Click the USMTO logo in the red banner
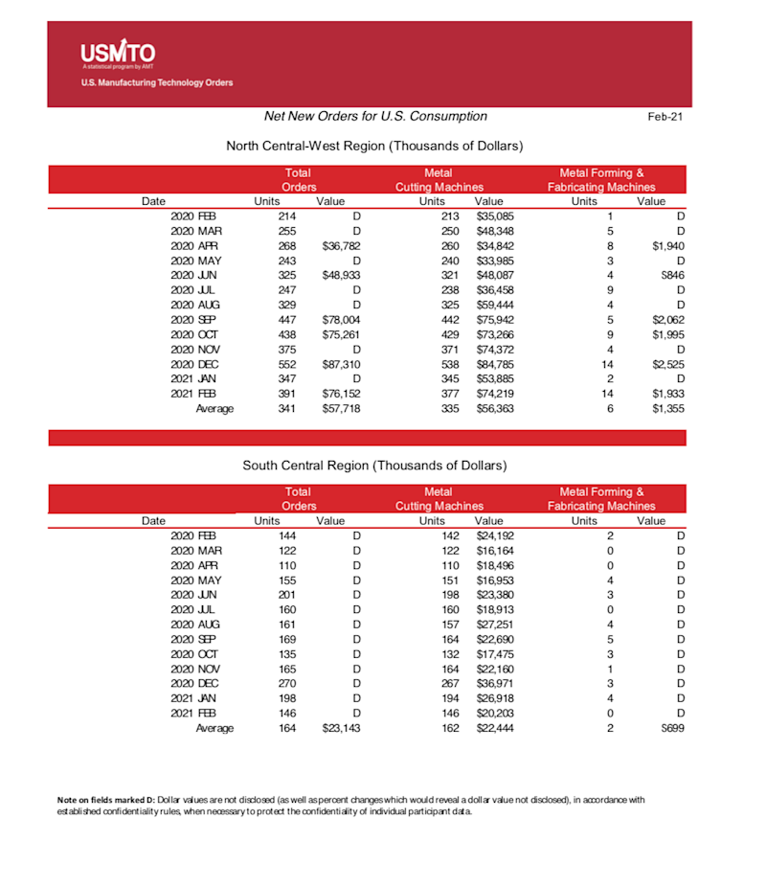coord(118,54)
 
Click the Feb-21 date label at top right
coord(665,117)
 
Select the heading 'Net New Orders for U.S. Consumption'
coord(375,116)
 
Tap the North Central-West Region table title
coord(373,146)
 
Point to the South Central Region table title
coord(374,466)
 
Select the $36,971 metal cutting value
coord(495,682)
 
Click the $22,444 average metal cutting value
coord(495,728)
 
